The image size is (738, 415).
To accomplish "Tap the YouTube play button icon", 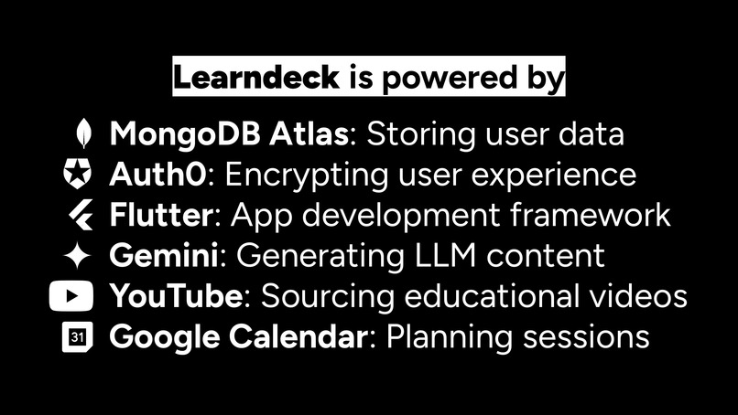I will (71, 297).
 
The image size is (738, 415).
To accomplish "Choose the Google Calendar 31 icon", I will (78, 337).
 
